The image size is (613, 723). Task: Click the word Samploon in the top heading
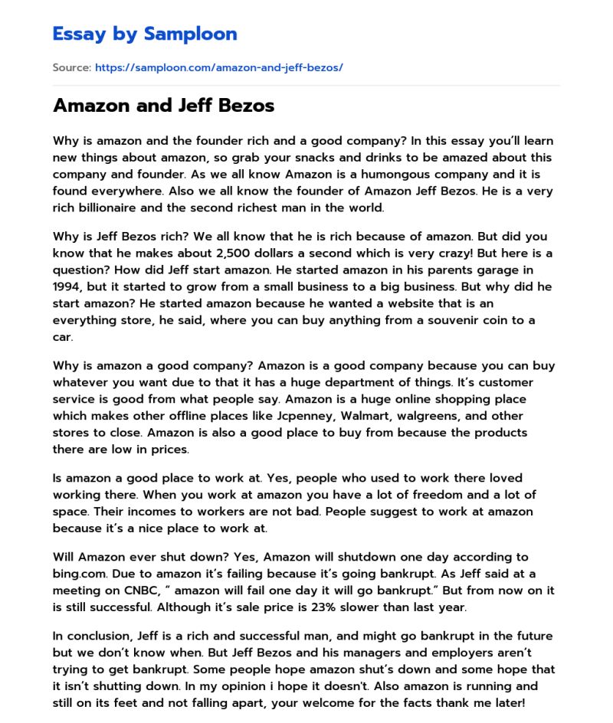(x=191, y=34)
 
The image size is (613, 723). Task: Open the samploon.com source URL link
(x=218, y=67)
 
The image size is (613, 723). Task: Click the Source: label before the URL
(x=71, y=67)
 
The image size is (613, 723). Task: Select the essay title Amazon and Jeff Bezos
(x=163, y=106)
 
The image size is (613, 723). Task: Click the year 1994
(x=69, y=286)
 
